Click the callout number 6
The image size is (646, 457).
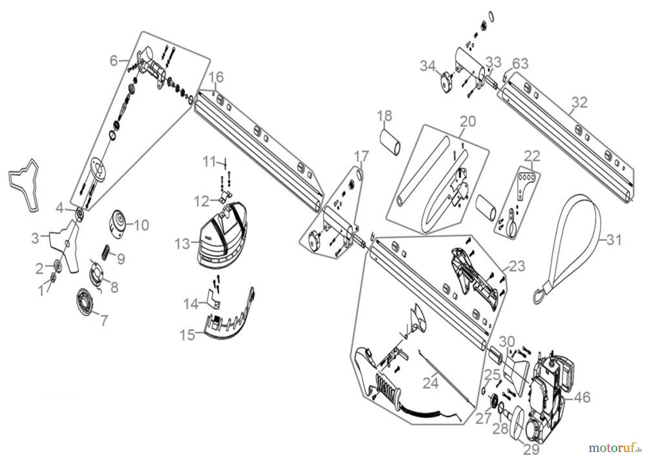coord(114,61)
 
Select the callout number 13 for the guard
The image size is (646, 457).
coord(182,244)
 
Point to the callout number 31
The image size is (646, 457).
coord(613,239)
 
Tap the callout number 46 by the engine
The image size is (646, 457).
coord(582,397)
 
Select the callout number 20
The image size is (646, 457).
coord(468,121)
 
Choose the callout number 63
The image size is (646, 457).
coord(520,64)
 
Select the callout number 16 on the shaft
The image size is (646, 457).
coord(216,77)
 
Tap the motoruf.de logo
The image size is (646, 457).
coord(614,448)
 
